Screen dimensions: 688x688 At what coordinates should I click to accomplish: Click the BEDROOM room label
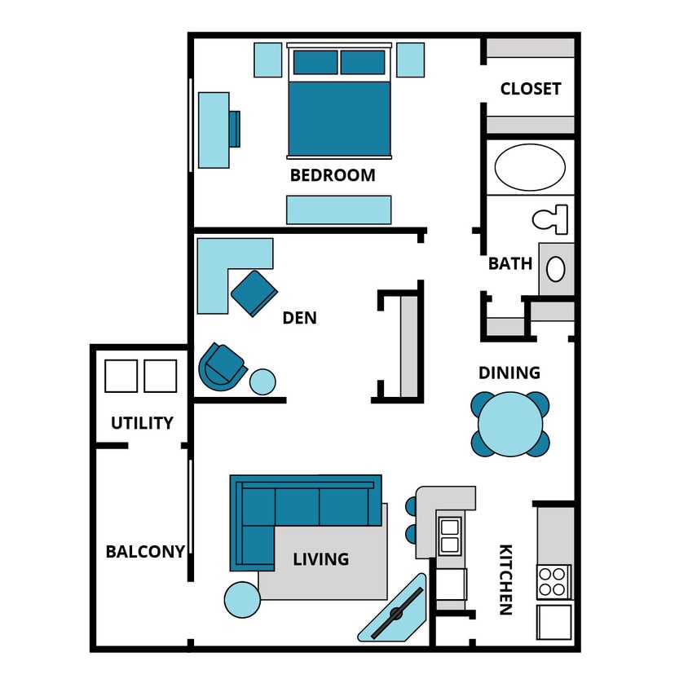click(333, 175)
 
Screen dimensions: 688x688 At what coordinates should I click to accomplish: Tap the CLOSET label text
click(531, 89)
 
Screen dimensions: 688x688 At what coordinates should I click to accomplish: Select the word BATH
click(510, 264)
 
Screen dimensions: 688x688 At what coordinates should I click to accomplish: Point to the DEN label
click(299, 318)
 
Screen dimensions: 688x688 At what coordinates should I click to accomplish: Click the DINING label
click(509, 373)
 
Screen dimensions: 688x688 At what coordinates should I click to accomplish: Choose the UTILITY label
click(142, 423)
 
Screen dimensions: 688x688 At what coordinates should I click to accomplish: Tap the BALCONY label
click(145, 552)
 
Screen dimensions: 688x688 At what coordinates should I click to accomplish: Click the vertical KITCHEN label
click(505, 579)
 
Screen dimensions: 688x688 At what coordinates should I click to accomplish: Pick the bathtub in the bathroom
click(530, 167)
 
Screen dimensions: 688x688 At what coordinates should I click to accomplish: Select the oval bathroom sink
click(556, 269)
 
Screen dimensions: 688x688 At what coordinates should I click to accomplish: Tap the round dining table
click(510, 424)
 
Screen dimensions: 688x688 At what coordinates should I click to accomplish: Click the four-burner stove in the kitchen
click(553, 581)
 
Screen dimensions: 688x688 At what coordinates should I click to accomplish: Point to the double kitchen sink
click(450, 536)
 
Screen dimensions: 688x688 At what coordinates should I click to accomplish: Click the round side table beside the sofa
click(242, 600)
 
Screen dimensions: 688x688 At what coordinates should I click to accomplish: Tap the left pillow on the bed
click(315, 62)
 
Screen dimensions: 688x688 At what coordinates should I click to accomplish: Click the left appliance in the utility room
click(121, 376)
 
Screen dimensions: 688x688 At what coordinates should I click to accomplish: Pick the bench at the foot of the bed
click(338, 209)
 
